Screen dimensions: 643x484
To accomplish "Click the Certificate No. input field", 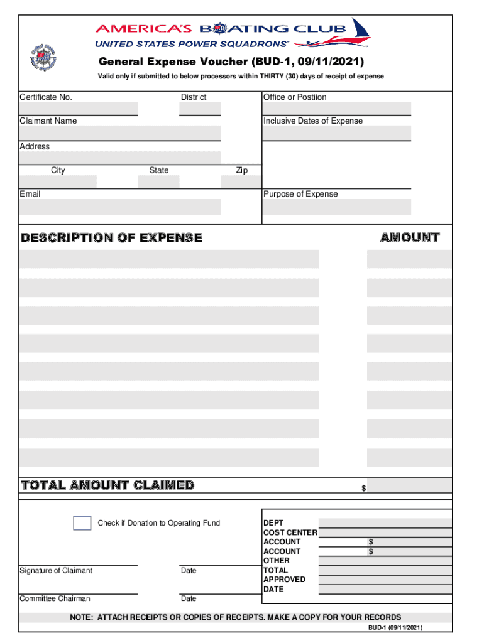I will (79, 109).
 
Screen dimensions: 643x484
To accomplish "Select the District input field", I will (200, 109).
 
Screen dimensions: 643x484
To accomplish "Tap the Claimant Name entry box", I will (119, 133).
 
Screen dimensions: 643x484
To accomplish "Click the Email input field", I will (119, 207).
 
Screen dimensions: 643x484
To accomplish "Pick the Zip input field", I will (240, 182).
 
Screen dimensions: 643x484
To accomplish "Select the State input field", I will (158, 182).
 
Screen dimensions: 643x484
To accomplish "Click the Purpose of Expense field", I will (337, 207).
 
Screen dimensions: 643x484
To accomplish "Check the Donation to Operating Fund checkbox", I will (82, 523).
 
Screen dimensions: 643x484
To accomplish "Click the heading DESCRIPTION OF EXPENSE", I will (112, 238).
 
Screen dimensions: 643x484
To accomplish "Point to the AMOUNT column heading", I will (409, 237).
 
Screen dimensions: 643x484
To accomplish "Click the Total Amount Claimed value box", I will (410, 485).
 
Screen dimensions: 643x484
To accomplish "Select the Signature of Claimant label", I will (56, 571).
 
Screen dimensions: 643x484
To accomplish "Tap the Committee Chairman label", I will (55, 599).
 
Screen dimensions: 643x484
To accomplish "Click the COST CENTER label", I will (290, 532).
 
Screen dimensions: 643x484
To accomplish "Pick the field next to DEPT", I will (385, 523).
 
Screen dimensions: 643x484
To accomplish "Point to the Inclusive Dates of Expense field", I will (337, 133).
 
